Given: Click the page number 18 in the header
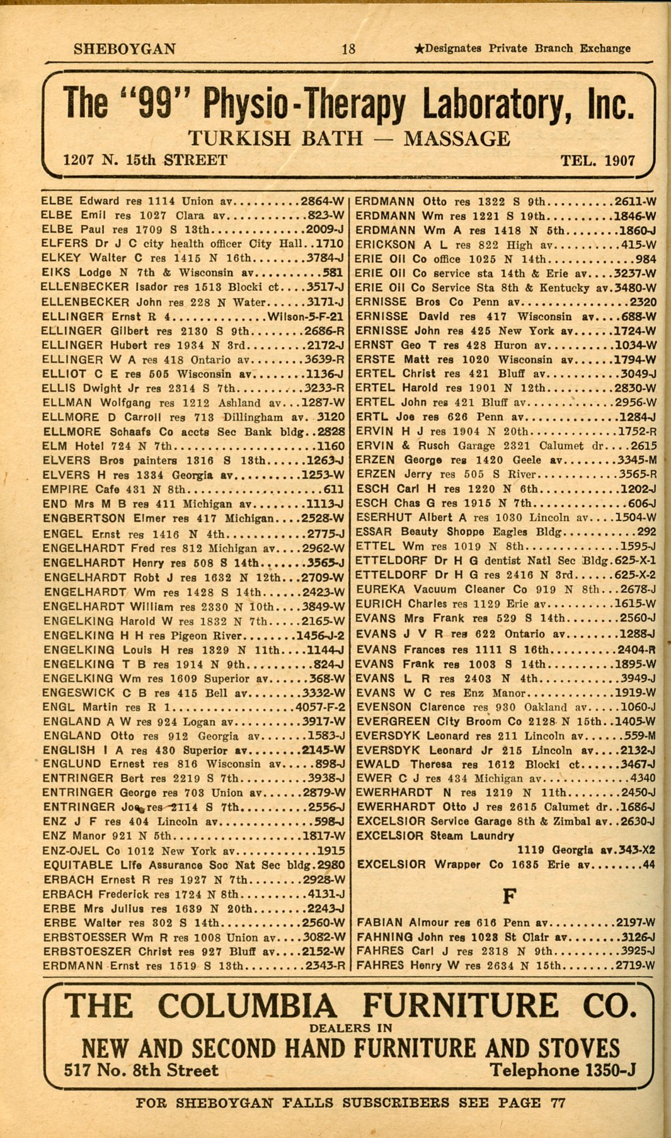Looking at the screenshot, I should pyautogui.click(x=348, y=49).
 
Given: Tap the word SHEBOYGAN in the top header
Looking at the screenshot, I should pyautogui.click(x=125, y=49).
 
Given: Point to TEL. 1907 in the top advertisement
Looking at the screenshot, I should pyautogui.click(x=598, y=161).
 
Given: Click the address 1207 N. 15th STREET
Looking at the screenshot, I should pyautogui.click(x=145, y=160).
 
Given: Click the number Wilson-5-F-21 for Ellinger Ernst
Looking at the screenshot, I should pyautogui.click(x=306, y=317).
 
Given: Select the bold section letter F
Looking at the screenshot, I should pyautogui.click(x=510, y=895).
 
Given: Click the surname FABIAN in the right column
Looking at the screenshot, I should pyautogui.click(x=380, y=922).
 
